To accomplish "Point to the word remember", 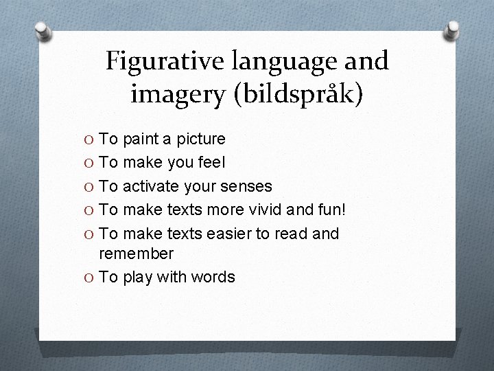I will pyautogui.click(x=137, y=254).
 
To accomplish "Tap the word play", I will pyautogui.click(x=138, y=278).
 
